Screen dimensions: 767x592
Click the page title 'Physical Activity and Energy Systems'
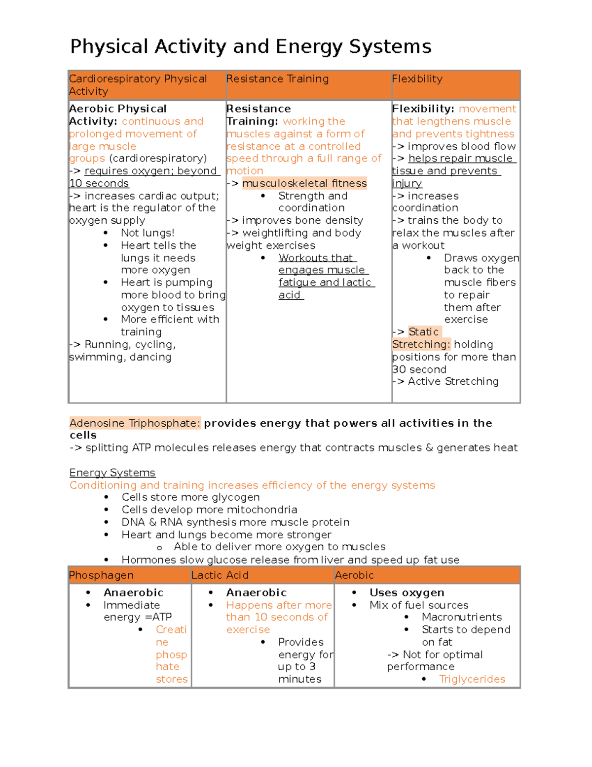click(x=251, y=46)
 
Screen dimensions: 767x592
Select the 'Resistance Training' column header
click(x=277, y=79)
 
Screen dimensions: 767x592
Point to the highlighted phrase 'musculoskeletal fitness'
click(x=304, y=183)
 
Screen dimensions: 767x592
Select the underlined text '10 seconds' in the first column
click(x=99, y=183)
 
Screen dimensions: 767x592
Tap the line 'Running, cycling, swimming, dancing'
click(x=122, y=351)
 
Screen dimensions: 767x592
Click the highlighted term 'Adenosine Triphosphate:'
click(x=135, y=423)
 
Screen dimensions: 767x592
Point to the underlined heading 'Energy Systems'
click(x=112, y=473)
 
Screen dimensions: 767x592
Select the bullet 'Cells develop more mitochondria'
click(x=209, y=510)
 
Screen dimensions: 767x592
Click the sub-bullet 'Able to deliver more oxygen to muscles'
click(x=279, y=547)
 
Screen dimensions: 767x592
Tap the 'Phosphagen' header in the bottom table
click(x=101, y=575)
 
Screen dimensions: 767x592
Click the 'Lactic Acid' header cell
click(x=220, y=575)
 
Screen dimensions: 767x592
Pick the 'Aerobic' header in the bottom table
click(x=354, y=575)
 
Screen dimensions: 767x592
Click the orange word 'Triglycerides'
click(x=472, y=679)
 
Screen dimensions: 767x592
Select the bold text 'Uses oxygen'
click(x=407, y=593)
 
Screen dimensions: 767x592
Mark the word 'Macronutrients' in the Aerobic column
click(x=461, y=617)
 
